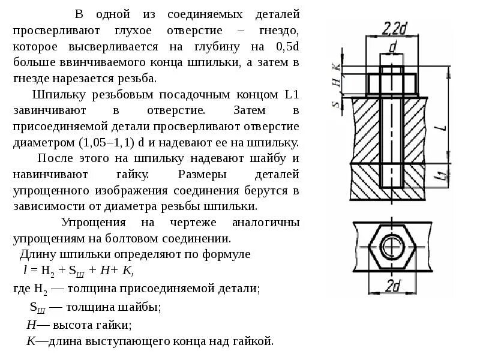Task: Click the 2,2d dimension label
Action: point(393,28)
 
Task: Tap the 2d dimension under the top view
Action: point(392,286)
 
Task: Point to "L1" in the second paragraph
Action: point(290,95)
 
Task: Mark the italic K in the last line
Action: point(31,341)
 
